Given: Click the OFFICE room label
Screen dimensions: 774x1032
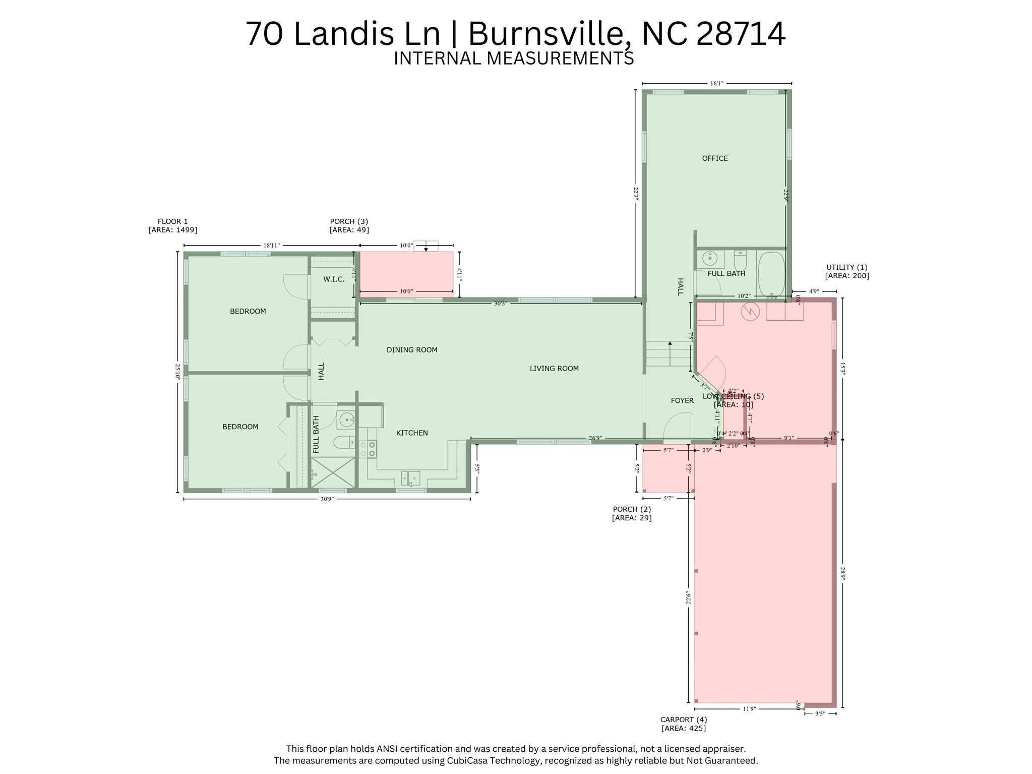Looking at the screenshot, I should coord(714,158).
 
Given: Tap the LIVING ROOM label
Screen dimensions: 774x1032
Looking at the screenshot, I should coord(554,369).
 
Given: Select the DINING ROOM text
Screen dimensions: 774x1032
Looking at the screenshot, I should coord(411,350).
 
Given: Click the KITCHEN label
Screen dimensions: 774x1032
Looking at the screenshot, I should coord(411,433).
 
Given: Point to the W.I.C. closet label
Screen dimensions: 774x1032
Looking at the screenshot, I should coord(334,279).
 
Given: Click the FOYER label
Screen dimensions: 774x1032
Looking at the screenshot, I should coord(682,400).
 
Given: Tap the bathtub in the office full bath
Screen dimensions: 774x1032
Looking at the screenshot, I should coord(771,274).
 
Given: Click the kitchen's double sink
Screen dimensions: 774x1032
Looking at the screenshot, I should coord(410,478).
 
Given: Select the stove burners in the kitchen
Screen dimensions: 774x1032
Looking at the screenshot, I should coord(368,449).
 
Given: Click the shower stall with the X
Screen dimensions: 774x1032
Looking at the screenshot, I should coord(333,472).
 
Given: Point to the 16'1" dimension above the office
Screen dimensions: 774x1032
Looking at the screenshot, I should coord(716,83).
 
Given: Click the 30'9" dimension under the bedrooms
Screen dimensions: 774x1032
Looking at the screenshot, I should coord(327,499).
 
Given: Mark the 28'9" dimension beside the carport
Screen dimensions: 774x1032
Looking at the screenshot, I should coord(842,573).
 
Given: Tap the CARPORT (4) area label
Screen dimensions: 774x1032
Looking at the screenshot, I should coord(683,724).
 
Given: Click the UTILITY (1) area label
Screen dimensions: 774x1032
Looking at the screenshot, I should coord(846,271).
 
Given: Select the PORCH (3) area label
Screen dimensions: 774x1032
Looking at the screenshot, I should coord(349,225).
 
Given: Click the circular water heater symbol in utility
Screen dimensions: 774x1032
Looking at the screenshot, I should coord(750,312).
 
